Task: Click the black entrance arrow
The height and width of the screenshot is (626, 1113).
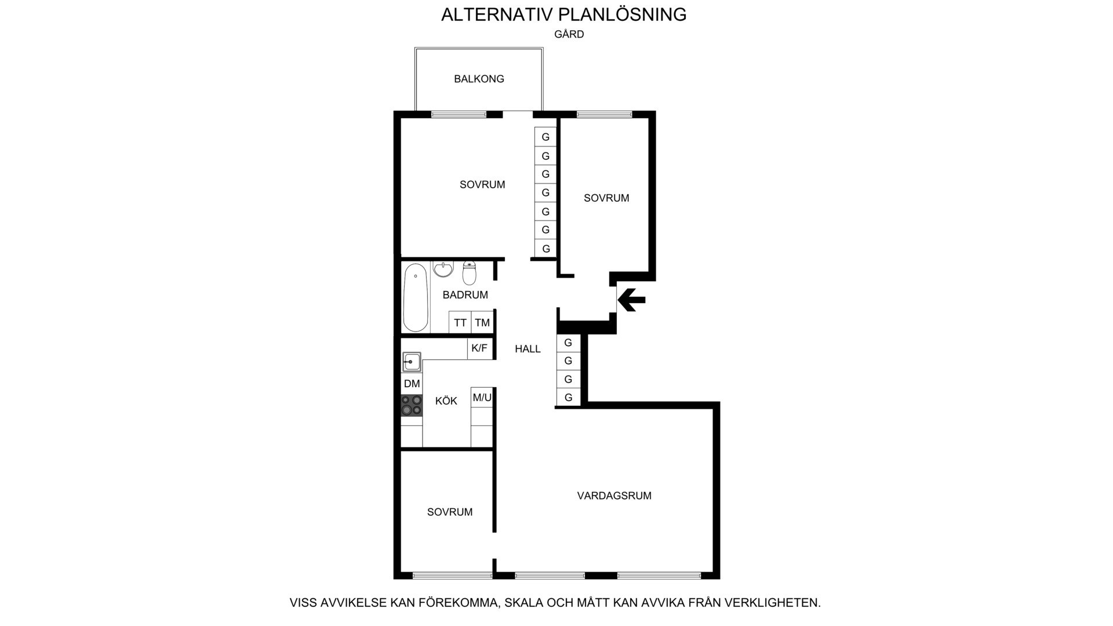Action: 631,300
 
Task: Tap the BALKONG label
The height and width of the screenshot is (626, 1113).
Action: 479,79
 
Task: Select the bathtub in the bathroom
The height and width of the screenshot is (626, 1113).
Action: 415,297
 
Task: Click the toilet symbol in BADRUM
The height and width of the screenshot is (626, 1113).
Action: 470,273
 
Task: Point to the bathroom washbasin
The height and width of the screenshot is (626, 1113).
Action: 443,269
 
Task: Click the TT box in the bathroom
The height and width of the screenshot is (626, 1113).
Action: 460,322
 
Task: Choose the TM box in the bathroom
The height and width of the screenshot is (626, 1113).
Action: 482,322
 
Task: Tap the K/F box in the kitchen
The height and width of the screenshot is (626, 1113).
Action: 480,348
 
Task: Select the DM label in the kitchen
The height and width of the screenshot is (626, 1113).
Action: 412,384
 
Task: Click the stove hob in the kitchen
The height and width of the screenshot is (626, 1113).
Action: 412,405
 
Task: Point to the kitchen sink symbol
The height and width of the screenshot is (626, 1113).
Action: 412,362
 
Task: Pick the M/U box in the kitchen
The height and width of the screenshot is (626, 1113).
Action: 482,397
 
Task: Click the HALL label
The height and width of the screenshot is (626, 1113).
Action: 528,349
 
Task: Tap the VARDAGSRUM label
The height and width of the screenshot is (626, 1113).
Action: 614,496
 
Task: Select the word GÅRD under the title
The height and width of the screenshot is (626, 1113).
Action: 569,34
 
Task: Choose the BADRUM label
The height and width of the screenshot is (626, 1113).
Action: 465,295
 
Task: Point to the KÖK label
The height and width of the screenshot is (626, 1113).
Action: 446,401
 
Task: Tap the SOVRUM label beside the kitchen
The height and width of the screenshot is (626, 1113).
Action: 450,512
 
